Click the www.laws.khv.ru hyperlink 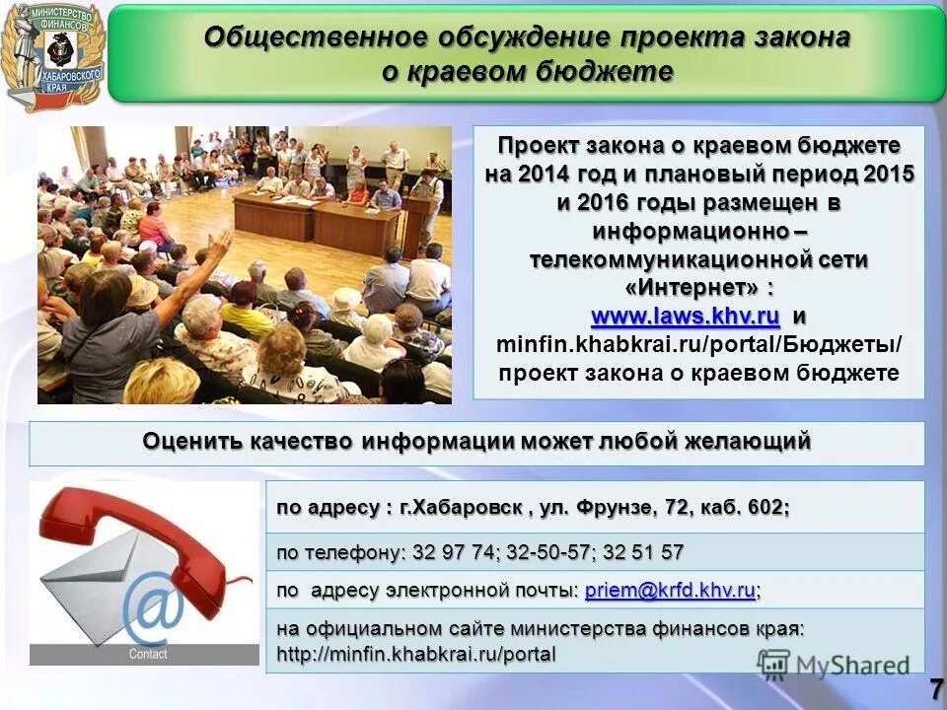tap(686, 318)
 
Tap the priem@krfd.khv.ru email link tap(670, 590)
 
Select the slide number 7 tap(934, 689)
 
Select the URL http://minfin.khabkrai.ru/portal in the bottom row tap(416, 653)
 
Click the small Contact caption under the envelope tap(148, 654)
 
